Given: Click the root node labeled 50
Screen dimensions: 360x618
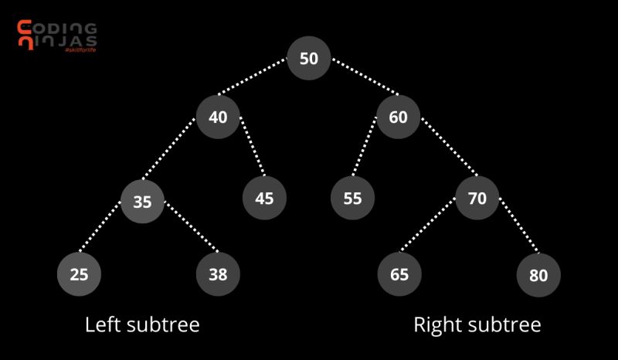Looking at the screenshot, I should tap(309, 58).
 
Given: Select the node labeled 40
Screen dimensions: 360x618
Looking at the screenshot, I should tap(218, 117).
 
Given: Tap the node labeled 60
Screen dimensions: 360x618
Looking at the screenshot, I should tap(399, 117).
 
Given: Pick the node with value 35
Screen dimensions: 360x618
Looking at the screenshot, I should tap(142, 202).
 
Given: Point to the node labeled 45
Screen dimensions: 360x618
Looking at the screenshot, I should tap(264, 198).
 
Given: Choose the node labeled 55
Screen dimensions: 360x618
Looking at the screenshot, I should tap(352, 198).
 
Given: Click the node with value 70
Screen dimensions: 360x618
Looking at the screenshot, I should tap(477, 198).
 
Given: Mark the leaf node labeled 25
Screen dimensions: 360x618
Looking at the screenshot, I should tap(79, 273).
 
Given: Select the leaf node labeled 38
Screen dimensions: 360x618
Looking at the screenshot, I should tap(218, 273).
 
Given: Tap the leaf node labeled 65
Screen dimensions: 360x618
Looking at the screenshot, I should tap(399, 273).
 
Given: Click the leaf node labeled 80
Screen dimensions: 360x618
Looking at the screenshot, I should tap(538, 275).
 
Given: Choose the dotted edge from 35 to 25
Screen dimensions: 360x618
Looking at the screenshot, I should tap(108, 234).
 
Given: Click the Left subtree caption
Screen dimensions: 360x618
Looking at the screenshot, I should tap(142, 324).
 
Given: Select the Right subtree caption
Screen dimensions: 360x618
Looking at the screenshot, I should tap(477, 324).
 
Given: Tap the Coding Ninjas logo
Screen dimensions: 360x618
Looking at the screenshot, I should tap(56, 35).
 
